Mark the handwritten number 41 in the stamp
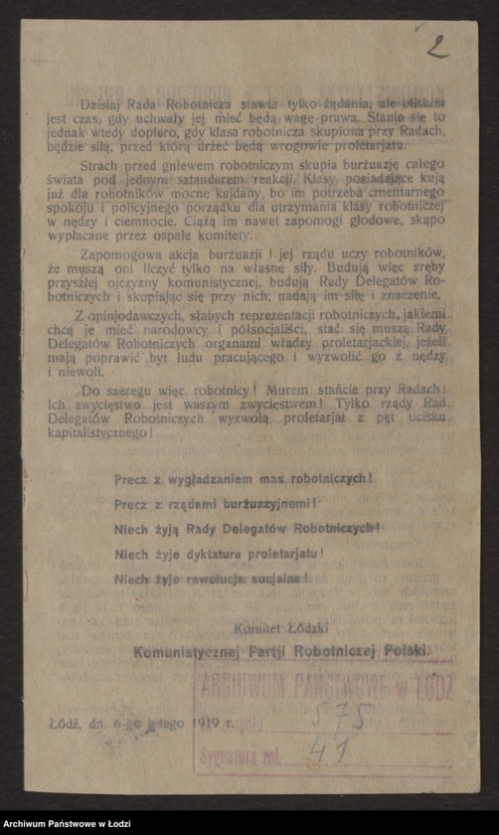(x=324, y=752)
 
